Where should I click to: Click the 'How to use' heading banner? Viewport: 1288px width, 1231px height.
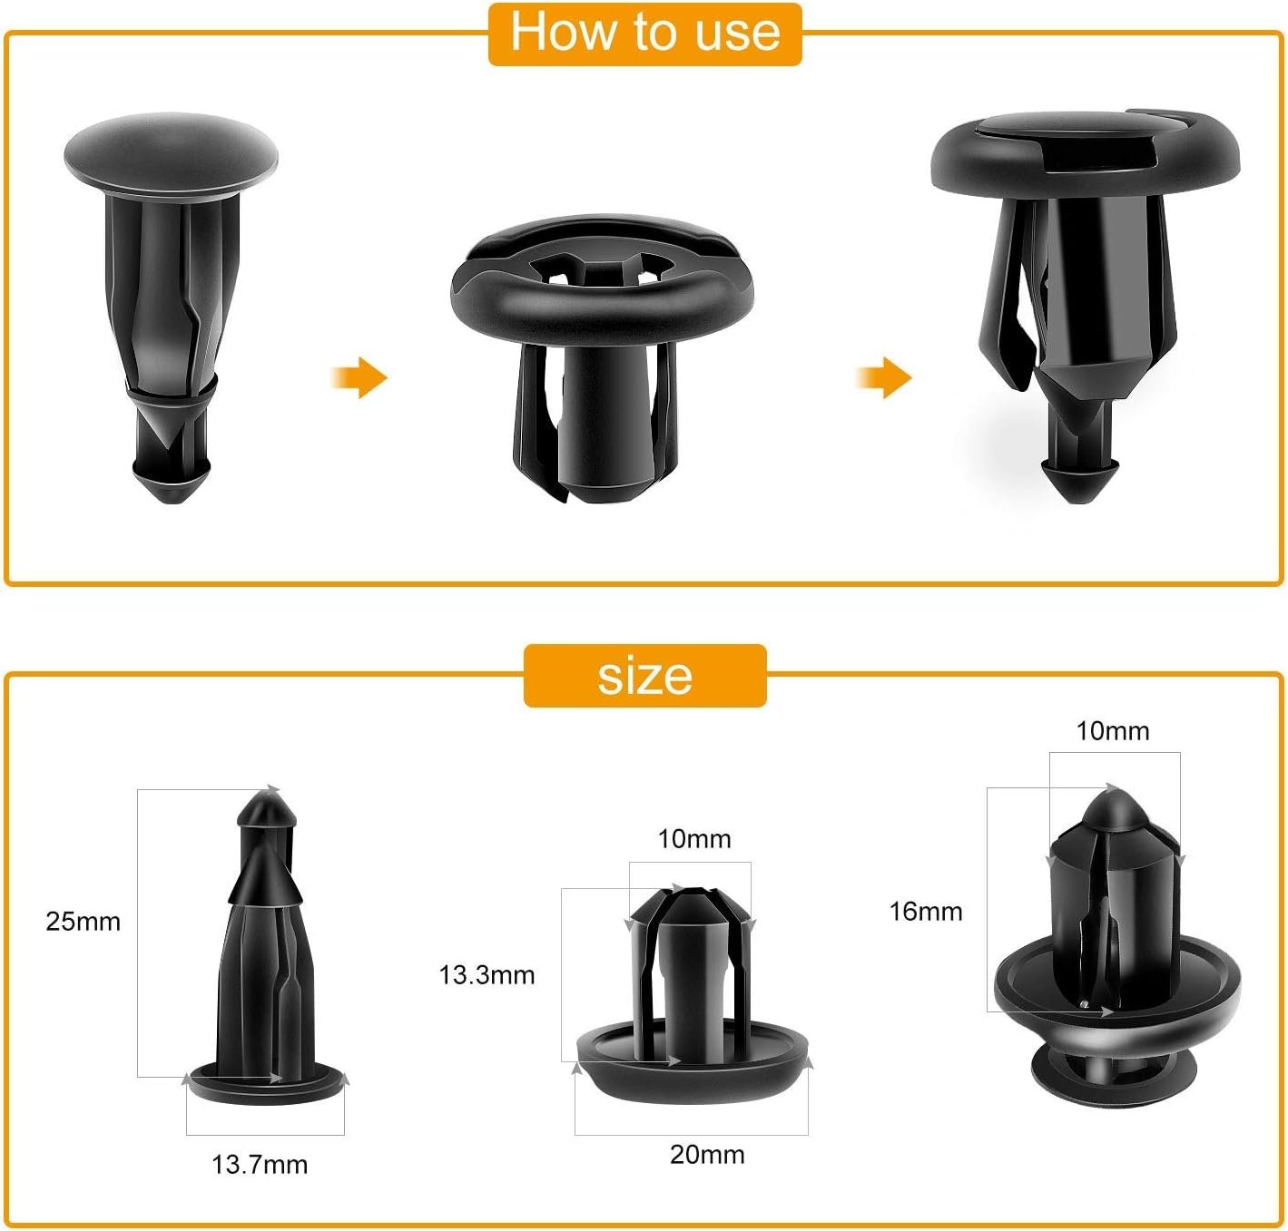644,34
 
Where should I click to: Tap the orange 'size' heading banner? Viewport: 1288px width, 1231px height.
644,676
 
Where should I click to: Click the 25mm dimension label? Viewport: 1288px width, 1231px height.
83,922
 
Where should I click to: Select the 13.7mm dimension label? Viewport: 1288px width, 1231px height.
260,1165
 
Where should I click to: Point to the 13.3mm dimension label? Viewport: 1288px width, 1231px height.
487,975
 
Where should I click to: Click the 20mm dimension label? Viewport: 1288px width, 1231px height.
707,1155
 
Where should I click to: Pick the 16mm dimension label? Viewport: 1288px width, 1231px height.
925,912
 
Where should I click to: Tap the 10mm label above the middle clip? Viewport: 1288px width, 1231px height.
694,839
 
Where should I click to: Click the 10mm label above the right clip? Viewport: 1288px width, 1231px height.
1113,731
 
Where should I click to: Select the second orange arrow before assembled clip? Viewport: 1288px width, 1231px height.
884,376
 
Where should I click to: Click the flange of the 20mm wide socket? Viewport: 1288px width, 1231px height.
692,1070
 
